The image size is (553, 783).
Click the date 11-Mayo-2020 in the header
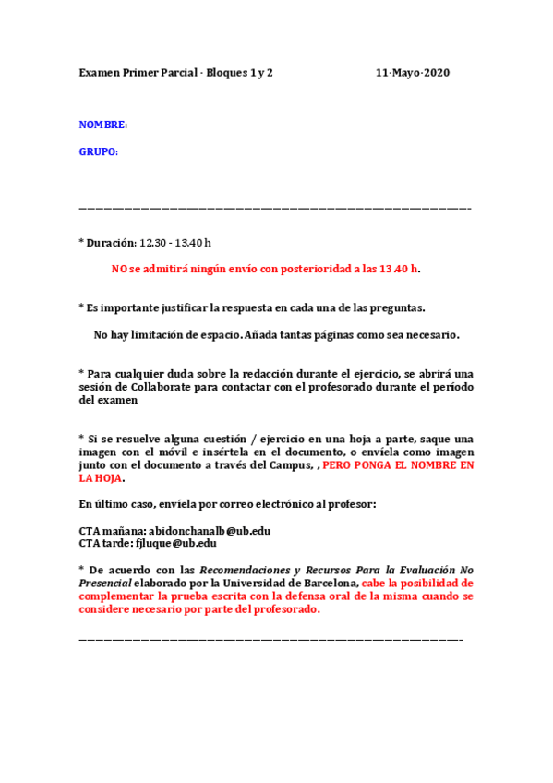pos(413,72)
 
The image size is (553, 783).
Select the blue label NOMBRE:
pos(102,125)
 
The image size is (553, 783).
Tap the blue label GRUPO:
pos(99,152)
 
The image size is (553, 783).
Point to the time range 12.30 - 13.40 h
pos(175,243)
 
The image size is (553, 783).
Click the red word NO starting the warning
pos(119,269)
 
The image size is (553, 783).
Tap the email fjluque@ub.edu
pos(175,544)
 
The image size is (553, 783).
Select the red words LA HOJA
pos(100,478)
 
